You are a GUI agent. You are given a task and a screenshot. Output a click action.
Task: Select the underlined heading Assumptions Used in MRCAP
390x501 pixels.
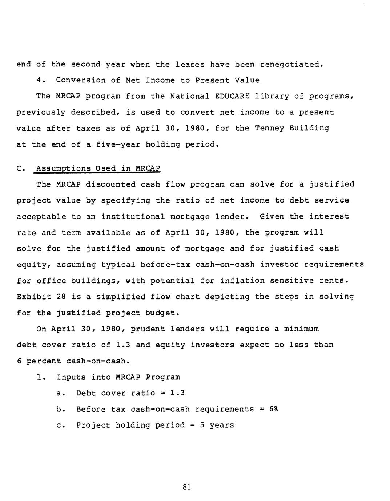point(97,168)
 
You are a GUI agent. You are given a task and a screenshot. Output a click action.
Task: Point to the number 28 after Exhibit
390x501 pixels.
point(61,297)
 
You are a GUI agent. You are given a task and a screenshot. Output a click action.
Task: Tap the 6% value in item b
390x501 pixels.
point(274,409)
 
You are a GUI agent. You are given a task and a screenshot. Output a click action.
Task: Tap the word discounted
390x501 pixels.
point(110,184)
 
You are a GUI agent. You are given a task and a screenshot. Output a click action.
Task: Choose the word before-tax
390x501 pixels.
point(165,265)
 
